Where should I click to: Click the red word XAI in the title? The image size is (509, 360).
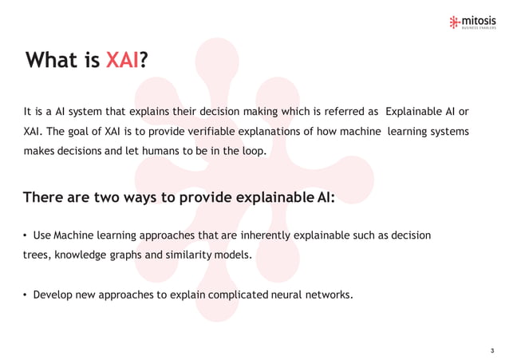click(x=122, y=61)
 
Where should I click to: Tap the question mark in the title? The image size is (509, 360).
click(x=144, y=61)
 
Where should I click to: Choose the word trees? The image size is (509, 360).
click(x=37, y=255)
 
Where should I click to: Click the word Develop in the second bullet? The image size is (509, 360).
click(x=53, y=294)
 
